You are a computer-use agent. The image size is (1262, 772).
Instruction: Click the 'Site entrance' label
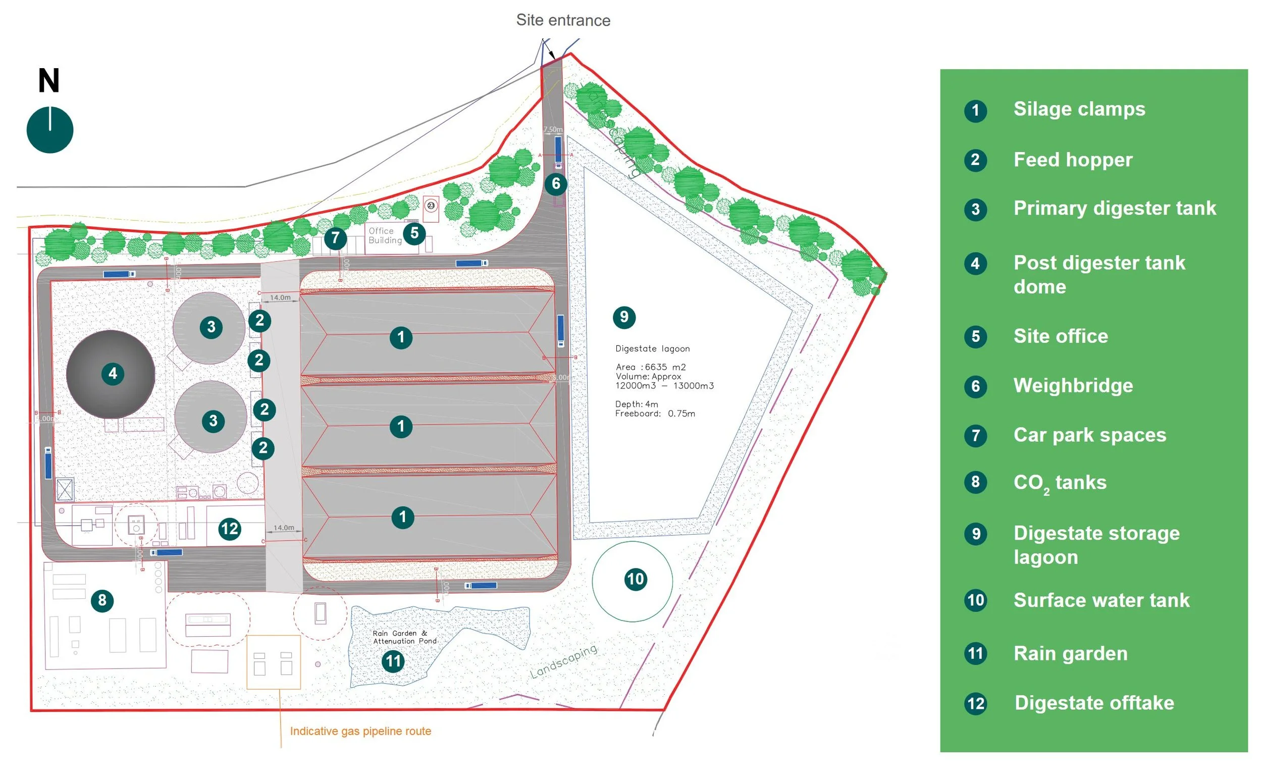point(563,20)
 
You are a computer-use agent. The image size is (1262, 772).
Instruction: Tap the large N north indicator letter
point(48,80)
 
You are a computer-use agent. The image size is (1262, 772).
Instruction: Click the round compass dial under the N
point(49,130)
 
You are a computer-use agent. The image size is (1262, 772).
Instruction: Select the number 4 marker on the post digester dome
point(113,373)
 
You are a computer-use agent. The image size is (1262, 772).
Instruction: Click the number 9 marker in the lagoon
point(624,317)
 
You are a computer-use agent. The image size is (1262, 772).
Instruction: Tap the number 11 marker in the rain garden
point(393,661)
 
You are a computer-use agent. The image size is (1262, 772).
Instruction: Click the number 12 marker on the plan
point(229,528)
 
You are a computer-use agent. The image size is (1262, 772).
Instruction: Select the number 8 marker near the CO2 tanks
point(102,600)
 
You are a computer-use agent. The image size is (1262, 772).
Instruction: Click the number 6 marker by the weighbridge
point(556,183)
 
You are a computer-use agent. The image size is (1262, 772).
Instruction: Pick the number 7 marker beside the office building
point(335,237)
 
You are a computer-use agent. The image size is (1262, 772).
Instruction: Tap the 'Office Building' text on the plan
point(385,236)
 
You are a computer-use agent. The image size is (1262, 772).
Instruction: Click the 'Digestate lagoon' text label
point(652,349)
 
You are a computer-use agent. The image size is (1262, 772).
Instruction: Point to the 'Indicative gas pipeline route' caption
point(360,731)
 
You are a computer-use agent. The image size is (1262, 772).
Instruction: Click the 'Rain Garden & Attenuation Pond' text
point(405,637)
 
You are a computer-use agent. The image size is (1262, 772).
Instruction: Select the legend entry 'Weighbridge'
point(1073,385)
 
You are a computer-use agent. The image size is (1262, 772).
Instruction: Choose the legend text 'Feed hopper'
point(1073,160)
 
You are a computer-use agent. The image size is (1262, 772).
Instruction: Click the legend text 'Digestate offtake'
point(1094,702)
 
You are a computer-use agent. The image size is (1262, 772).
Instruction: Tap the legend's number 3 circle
point(975,209)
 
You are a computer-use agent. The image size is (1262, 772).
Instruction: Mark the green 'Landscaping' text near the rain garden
point(563,661)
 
